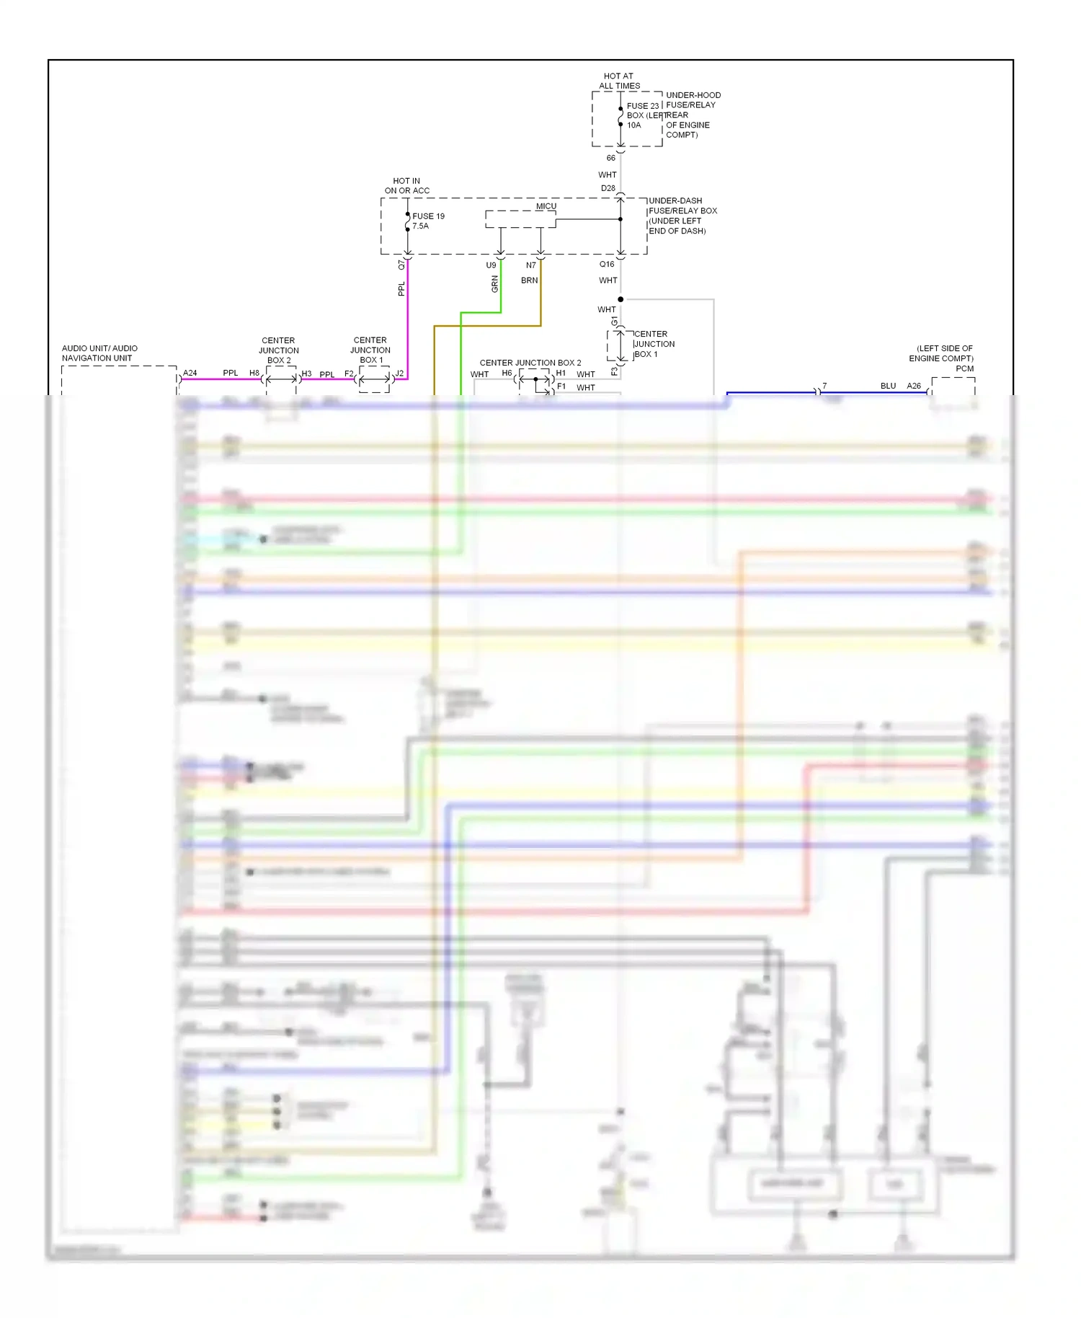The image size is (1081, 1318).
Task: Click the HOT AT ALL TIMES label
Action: click(x=619, y=81)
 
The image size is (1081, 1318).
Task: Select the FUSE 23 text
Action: click(x=642, y=106)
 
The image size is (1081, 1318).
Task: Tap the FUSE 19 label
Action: click(x=428, y=216)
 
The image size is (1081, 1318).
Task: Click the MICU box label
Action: click(x=546, y=206)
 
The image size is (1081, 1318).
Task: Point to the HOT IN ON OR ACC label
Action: click(x=406, y=186)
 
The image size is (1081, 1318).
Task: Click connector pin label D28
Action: click(x=608, y=188)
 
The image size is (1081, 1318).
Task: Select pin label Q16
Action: click(x=607, y=265)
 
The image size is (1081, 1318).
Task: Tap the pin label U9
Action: click(x=491, y=265)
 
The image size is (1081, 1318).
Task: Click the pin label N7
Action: click(x=530, y=265)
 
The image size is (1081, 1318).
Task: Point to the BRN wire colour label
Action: click(x=529, y=280)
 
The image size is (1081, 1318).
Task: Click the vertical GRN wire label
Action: click(x=494, y=284)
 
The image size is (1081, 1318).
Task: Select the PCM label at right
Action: click(x=964, y=368)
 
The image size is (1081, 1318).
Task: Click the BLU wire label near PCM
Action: click(x=888, y=386)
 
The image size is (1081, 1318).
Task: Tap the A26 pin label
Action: click(x=914, y=386)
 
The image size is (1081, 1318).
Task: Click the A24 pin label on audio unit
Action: click(x=190, y=373)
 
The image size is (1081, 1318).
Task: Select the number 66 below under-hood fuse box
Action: click(x=610, y=158)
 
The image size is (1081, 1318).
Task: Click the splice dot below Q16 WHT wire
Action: click(x=620, y=299)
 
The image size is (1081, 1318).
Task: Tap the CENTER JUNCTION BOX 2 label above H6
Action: click(x=530, y=363)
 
